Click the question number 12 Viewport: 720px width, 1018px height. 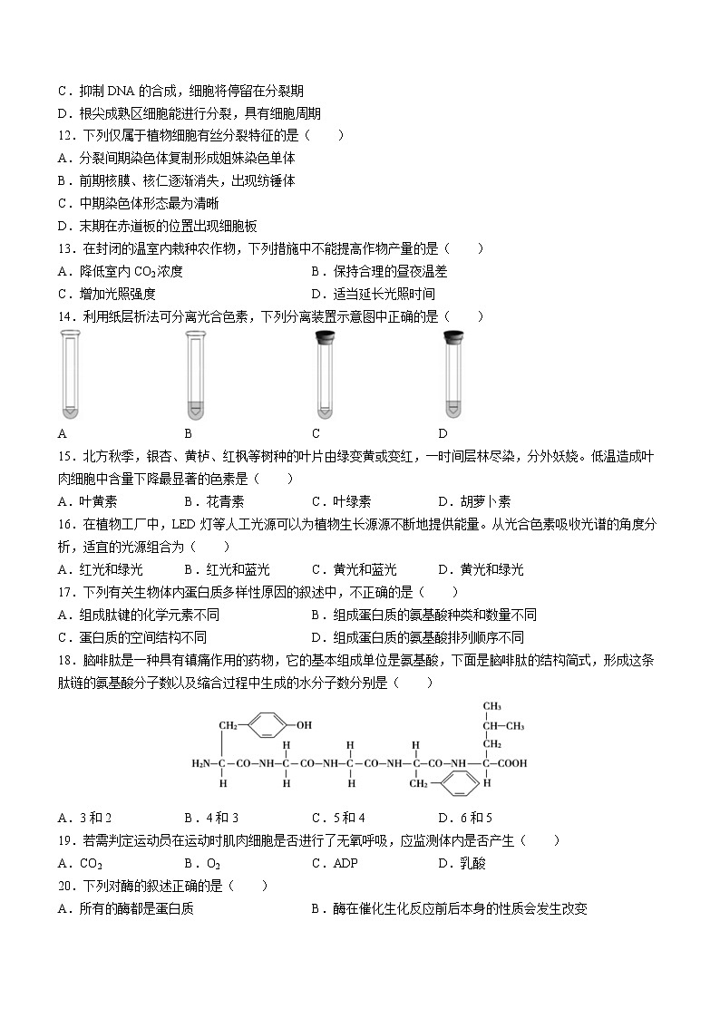[66, 136]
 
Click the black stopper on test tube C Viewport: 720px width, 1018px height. [322, 338]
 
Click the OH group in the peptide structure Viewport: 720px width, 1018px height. [303, 725]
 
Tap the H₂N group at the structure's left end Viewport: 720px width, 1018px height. [199, 763]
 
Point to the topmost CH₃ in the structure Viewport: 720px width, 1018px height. [491, 706]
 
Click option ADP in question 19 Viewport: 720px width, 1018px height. [345, 863]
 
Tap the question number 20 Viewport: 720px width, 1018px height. [66, 886]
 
